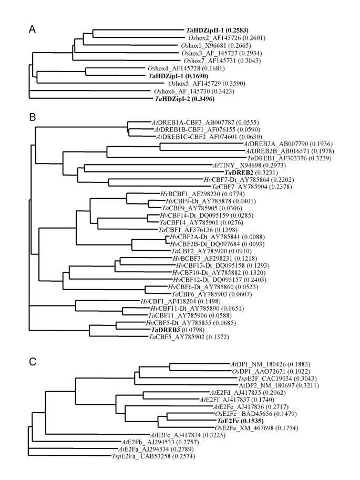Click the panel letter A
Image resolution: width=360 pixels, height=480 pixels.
32,32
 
